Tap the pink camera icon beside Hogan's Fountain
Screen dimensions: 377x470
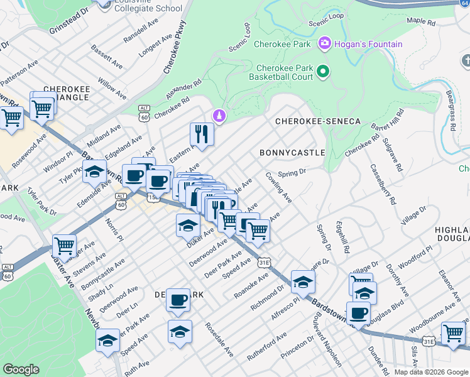[x=325, y=43]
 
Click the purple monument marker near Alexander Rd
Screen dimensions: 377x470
[x=219, y=116]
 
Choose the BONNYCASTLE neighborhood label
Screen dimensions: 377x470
[x=292, y=153]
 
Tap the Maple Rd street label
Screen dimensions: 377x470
[x=421, y=21]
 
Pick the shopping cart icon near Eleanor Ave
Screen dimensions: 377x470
[x=454, y=333]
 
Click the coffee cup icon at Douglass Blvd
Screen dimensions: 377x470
[x=358, y=314]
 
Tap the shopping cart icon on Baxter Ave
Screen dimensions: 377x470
[x=63, y=246]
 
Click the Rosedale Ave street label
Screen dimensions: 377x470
[x=219, y=341]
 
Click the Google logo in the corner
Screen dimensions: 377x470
[x=21, y=369]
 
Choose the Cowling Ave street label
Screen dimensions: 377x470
[x=278, y=187]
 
